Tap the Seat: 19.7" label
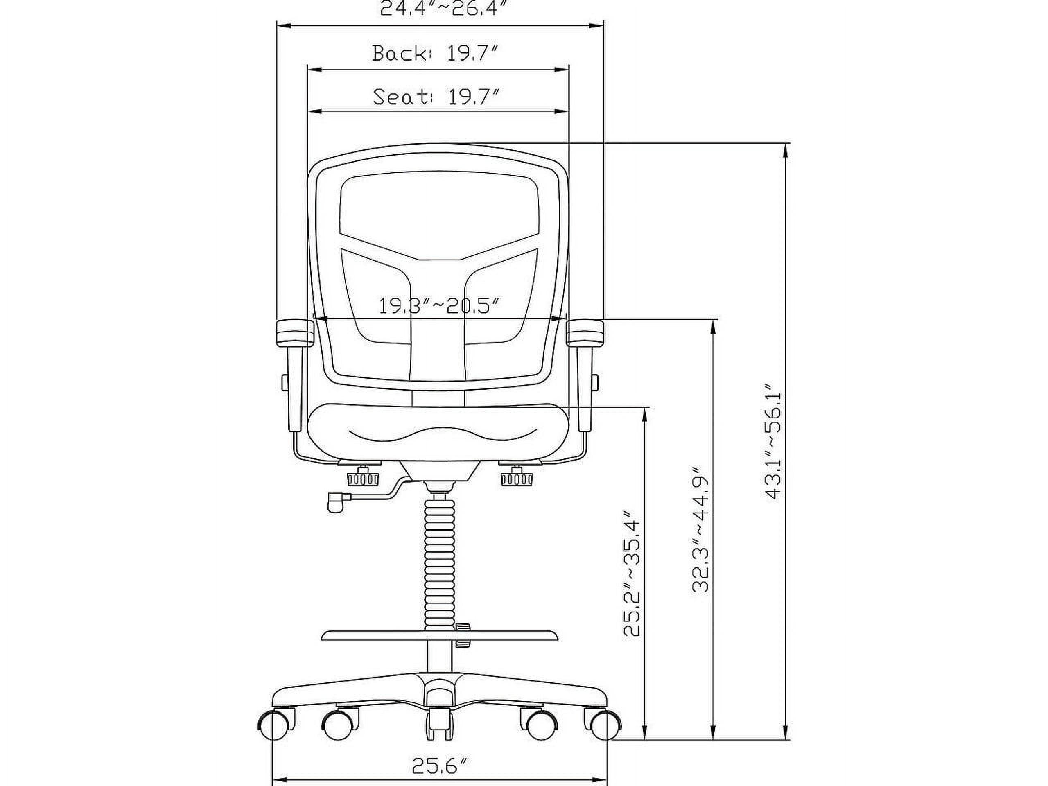(x=436, y=97)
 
